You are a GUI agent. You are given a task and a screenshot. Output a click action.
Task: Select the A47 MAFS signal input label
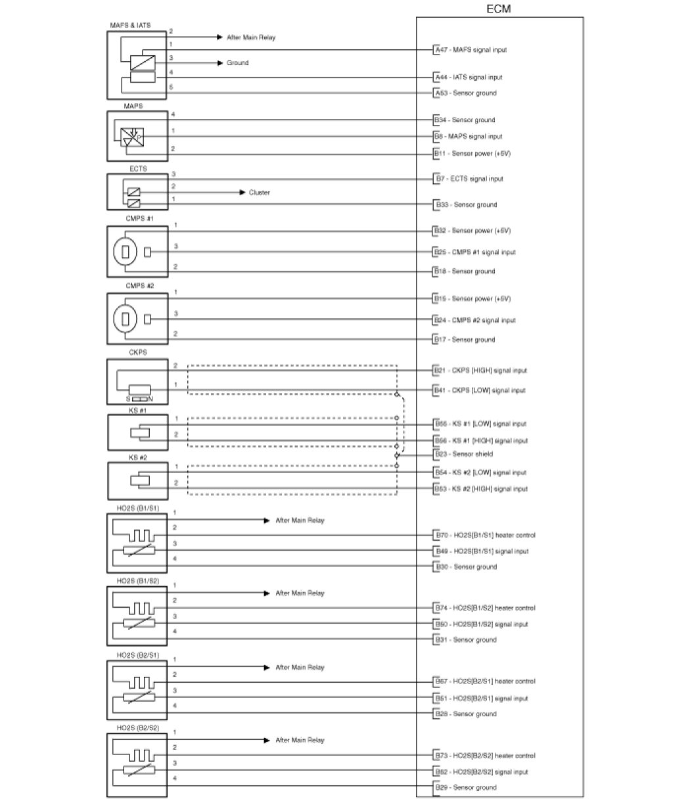click(x=471, y=50)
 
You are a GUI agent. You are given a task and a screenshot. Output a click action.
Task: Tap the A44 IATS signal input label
click(x=468, y=77)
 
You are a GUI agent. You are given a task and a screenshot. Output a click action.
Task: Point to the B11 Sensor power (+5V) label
click(x=472, y=153)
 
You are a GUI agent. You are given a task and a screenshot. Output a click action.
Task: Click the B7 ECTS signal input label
click(x=469, y=179)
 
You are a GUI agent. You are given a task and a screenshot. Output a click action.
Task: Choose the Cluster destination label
click(x=259, y=193)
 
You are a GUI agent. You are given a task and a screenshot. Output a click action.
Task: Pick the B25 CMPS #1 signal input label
click(x=474, y=252)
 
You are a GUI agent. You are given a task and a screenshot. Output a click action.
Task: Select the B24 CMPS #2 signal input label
click(x=474, y=320)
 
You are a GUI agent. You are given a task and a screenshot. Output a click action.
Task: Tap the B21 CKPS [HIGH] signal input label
click(x=480, y=371)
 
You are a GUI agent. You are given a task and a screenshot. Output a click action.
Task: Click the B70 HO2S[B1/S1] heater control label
click(x=484, y=535)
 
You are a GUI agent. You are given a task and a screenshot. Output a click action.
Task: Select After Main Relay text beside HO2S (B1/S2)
click(x=300, y=593)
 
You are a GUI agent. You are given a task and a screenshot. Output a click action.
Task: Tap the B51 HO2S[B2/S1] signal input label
click(x=481, y=699)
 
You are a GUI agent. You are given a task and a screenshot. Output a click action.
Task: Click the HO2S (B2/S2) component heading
click(x=138, y=727)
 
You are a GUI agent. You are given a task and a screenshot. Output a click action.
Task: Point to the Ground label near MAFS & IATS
click(x=237, y=63)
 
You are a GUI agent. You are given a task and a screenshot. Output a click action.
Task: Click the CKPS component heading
click(x=138, y=352)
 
